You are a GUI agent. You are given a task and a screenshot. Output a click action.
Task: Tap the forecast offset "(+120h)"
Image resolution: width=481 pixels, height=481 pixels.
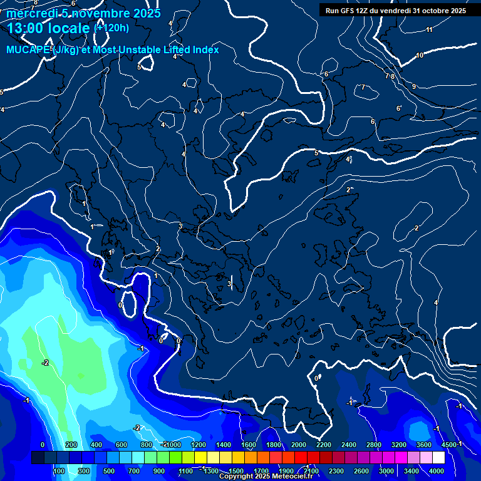[x=111, y=28]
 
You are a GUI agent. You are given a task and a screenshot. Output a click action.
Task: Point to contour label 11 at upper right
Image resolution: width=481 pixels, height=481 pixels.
[x=429, y=30]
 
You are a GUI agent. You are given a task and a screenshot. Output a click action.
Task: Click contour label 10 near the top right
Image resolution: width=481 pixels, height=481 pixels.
[x=420, y=56]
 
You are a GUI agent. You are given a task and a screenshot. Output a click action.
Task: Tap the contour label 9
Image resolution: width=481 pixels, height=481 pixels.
[x=414, y=86]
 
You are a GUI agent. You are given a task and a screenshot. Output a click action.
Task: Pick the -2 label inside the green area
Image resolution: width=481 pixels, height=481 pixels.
[x=45, y=363]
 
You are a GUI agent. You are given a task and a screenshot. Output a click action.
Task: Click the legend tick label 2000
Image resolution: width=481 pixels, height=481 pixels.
[x=299, y=445]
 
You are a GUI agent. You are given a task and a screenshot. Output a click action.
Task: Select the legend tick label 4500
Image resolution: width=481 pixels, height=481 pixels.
[x=448, y=445]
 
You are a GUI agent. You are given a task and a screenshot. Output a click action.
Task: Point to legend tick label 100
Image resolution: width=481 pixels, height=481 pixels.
[x=59, y=471]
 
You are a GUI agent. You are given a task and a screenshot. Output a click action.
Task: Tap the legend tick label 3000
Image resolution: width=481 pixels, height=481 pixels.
[x=386, y=471]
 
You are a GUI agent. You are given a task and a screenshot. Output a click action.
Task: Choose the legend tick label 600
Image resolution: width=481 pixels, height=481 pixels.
[x=122, y=445]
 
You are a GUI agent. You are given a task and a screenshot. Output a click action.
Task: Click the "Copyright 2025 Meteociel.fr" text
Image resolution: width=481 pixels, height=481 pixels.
[x=266, y=477]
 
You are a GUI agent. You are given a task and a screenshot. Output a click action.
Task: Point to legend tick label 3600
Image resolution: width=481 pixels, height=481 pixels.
[x=424, y=445]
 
